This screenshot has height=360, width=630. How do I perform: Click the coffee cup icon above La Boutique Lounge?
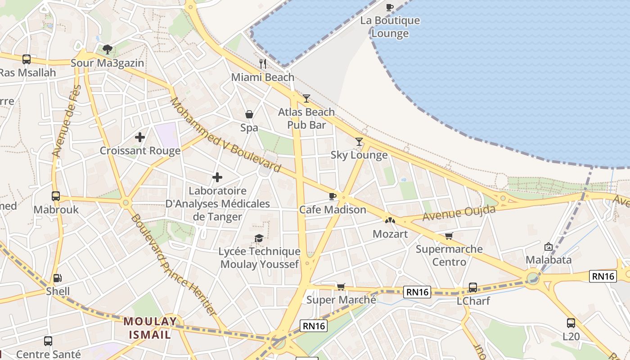390,7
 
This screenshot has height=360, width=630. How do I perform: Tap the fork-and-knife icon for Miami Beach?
263,64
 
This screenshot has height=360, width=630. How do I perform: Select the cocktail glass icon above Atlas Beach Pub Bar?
306,98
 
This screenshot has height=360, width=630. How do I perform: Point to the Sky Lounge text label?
359,155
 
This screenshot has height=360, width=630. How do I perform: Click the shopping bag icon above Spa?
249,115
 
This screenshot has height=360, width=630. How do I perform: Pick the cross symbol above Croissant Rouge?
140,137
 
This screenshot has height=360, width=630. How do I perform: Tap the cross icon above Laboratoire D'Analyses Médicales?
217,177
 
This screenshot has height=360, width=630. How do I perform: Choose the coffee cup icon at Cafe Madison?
332,196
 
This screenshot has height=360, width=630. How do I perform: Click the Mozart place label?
390,234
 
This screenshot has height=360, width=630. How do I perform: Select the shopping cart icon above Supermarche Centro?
449,236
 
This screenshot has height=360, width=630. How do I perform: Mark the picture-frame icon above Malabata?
548,247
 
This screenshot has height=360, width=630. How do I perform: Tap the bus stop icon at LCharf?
473,287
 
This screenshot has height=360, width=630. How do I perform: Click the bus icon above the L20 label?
571,323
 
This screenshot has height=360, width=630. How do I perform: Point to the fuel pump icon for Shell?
58,278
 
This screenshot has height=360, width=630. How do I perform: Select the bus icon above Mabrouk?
56,196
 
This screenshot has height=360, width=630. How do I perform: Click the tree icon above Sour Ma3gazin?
107,49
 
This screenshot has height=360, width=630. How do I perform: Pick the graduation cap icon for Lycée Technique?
259,238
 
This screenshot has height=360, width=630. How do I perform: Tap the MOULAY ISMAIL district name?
150,328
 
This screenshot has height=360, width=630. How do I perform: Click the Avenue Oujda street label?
459,213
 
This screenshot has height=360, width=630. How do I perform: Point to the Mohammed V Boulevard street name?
225,135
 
